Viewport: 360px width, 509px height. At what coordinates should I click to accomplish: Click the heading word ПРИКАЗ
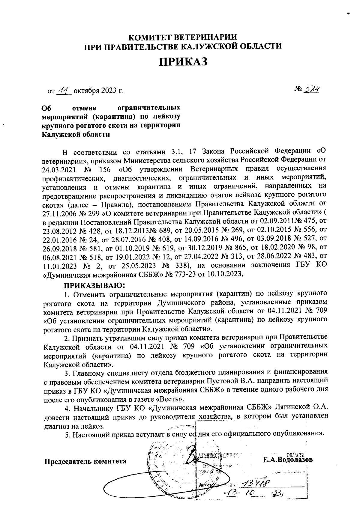[183, 62]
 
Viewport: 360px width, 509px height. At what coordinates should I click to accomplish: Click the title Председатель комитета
[85, 461]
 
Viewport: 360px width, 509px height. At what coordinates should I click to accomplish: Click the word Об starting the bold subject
[46, 107]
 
